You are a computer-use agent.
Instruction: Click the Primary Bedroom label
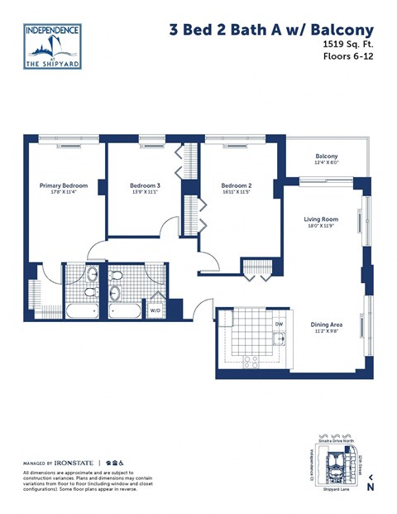point(63,186)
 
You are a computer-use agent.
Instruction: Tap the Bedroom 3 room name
point(145,186)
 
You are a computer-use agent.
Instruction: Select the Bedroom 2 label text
point(237,186)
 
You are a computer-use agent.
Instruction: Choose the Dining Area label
point(327,324)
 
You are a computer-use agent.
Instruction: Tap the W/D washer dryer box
point(178,311)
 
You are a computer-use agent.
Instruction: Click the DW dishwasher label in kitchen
point(279,324)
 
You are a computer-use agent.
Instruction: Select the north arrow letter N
point(370,487)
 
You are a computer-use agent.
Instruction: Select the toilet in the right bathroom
point(116,291)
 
